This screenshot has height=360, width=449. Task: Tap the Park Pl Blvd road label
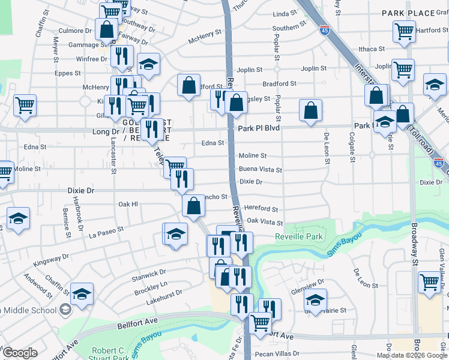coord(259,128)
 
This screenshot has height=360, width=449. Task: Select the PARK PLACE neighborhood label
coord(408,13)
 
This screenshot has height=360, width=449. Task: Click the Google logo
coord(20,353)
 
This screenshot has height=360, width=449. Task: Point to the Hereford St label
coord(261,209)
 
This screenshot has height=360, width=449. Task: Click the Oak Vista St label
coord(265,221)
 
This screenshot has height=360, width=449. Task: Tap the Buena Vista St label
coord(261,170)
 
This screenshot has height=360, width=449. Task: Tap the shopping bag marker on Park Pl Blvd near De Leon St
coord(310,111)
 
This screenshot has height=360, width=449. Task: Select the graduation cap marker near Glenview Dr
coord(315,299)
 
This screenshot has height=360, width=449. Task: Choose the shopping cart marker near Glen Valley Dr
coord(430,281)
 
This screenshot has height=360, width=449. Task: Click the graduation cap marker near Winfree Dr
coord(148,64)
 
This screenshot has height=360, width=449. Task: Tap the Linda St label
coord(285,13)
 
